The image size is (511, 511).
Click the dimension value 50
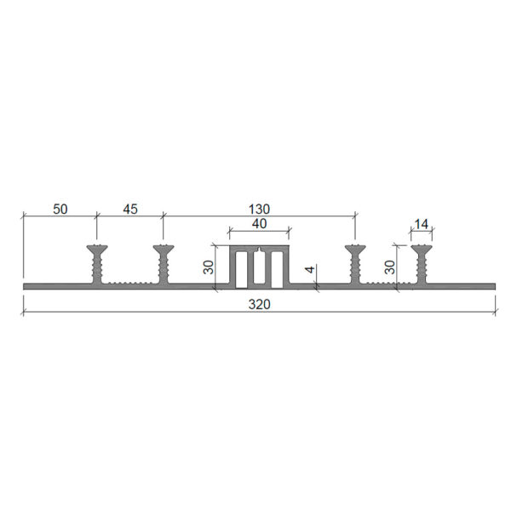pos(60,210)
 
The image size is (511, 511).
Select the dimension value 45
pos(130,209)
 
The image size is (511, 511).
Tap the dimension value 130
pos(260,209)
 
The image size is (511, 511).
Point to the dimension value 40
pos(260,224)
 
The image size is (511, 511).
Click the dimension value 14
pos(422,224)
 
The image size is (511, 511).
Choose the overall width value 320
pos(260,304)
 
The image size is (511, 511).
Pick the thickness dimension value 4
pos(311,269)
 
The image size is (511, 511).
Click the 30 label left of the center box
pos(210,267)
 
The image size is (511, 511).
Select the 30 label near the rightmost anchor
pos(390,267)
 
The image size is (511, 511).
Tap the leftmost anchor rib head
pos(97,250)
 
